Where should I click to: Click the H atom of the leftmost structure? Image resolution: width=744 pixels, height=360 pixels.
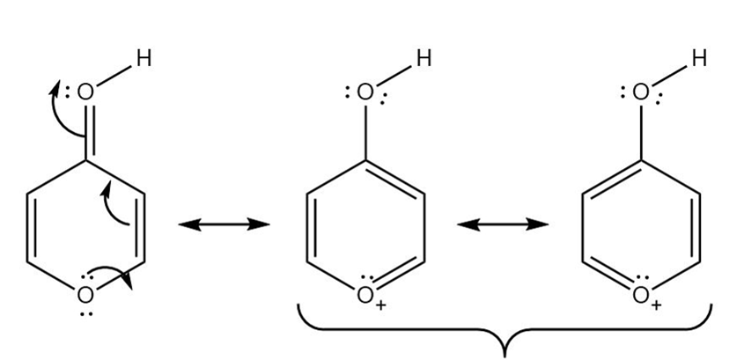[x=144, y=58]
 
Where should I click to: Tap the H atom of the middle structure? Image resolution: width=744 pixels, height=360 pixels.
[x=424, y=58]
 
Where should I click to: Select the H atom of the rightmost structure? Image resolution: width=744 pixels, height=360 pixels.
[x=699, y=58]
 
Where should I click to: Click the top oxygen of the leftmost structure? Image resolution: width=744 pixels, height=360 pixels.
[x=85, y=92]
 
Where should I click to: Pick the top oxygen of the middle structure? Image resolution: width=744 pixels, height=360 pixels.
[x=365, y=92]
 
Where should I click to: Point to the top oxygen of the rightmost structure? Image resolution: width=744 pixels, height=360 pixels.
[x=641, y=92]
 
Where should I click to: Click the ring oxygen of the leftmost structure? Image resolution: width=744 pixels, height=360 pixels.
[x=85, y=295]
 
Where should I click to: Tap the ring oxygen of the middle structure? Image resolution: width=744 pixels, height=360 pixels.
[x=365, y=295]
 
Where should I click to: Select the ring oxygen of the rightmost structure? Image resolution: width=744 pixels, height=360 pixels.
[x=641, y=295]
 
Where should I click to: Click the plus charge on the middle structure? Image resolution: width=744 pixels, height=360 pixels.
[x=380, y=306]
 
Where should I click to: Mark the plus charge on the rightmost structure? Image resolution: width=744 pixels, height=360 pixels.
[x=656, y=306]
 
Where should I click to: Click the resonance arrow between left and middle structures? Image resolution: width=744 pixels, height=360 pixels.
[x=224, y=224]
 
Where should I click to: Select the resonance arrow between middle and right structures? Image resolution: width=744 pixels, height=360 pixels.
[x=503, y=224]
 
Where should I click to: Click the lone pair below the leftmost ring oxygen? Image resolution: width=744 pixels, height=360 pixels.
[x=86, y=313]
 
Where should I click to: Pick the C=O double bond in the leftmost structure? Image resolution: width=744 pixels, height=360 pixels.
[x=90, y=131]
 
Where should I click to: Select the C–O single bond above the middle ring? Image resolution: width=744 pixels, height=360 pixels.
[x=365, y=132]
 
